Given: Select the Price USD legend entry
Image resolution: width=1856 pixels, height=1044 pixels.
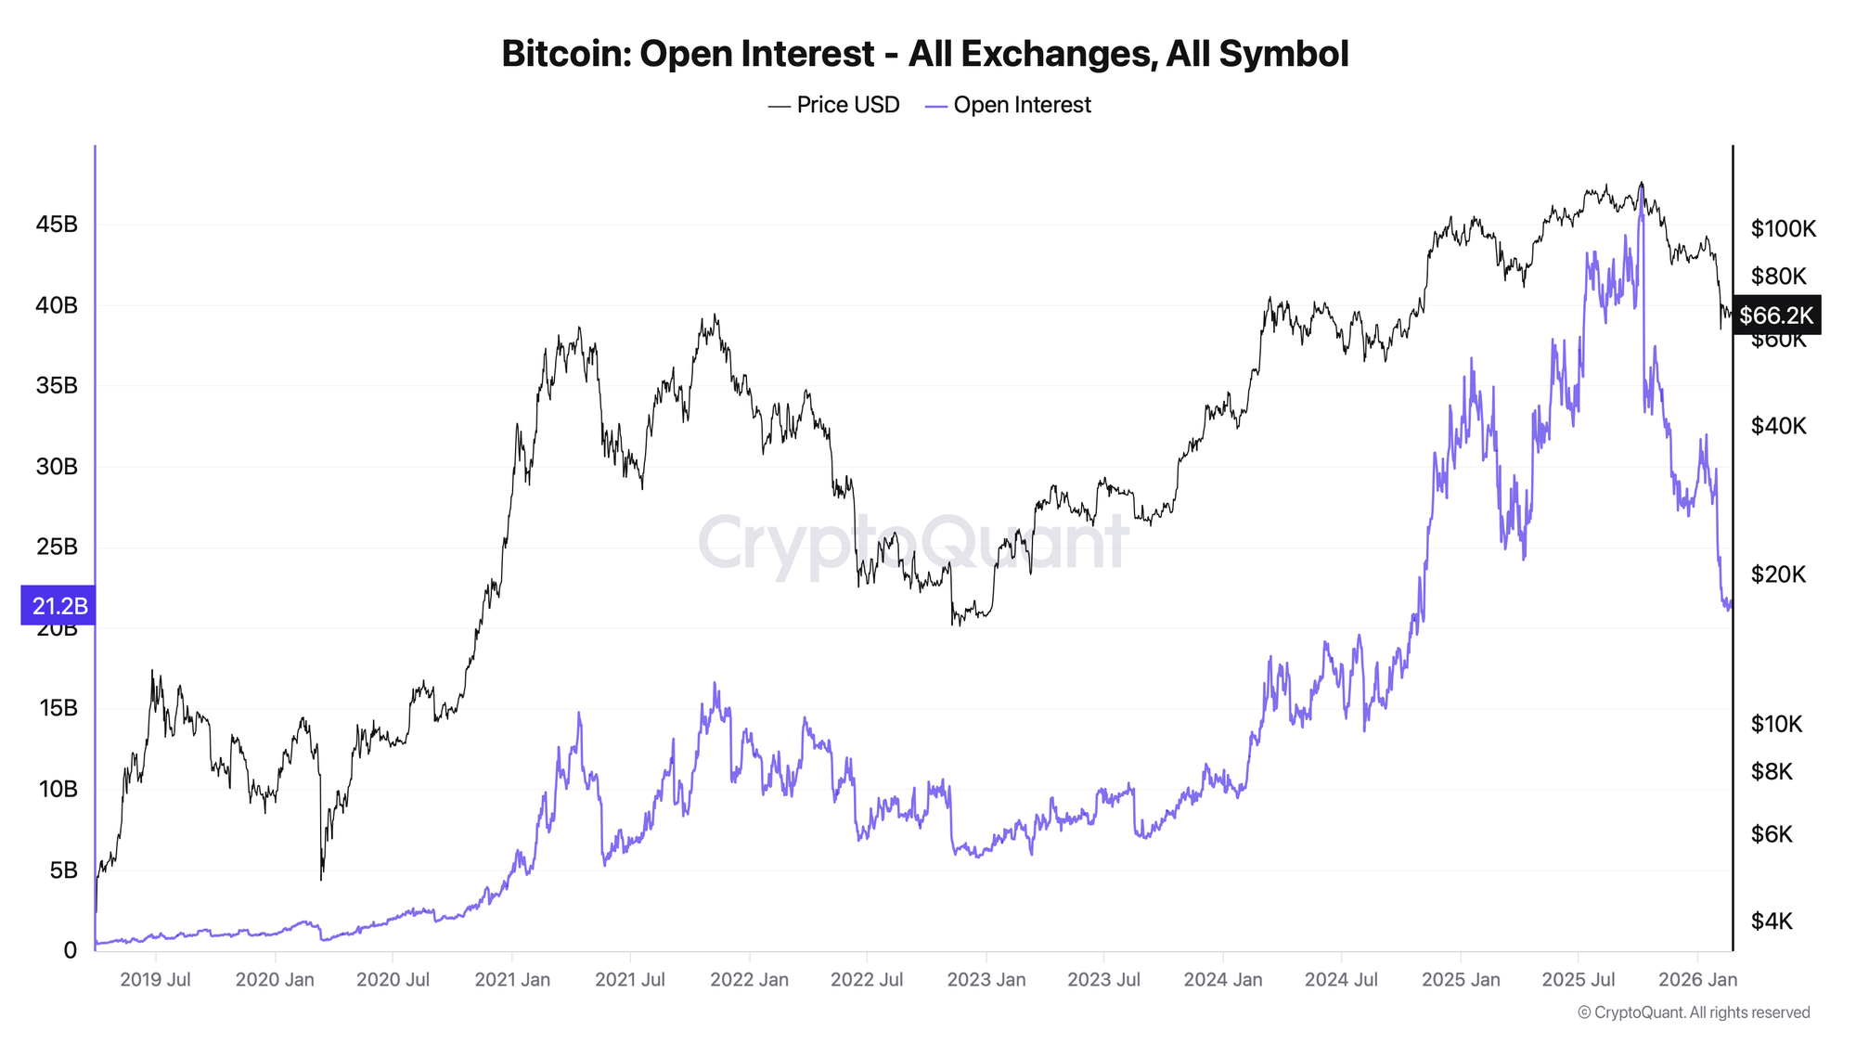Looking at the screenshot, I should [834, 105].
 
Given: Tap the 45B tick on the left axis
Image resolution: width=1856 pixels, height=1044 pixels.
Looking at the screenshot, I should [57, 225].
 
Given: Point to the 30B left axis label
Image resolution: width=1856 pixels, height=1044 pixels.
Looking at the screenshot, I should [57, 467].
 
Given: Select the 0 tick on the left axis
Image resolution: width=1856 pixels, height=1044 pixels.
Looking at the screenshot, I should [71, 950].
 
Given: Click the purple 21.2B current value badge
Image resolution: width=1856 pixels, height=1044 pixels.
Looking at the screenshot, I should [58, 606].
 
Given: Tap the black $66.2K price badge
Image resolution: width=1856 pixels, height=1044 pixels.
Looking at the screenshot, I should [1775, 316].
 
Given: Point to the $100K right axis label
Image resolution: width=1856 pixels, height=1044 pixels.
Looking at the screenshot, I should [1783, 228].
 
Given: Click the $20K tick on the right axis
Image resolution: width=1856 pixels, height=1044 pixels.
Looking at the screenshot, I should [1778, 574].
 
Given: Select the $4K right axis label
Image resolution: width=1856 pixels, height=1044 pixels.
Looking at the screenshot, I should [1772, 921].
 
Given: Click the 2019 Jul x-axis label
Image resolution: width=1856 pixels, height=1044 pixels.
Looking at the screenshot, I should [155, 980].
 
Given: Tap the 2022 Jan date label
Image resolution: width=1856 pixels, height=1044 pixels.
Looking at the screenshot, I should [749, 980].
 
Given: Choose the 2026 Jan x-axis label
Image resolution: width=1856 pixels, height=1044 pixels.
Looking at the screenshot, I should [1697, 980].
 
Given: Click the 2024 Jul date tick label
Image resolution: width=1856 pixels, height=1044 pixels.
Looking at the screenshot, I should [1340, 980].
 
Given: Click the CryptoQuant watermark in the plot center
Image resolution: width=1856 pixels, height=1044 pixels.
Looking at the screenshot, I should [913, 543].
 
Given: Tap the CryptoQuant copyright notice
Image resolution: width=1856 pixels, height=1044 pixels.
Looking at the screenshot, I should [1694, 1012].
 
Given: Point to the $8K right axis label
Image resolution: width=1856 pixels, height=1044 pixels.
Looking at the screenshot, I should [1772, 771].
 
